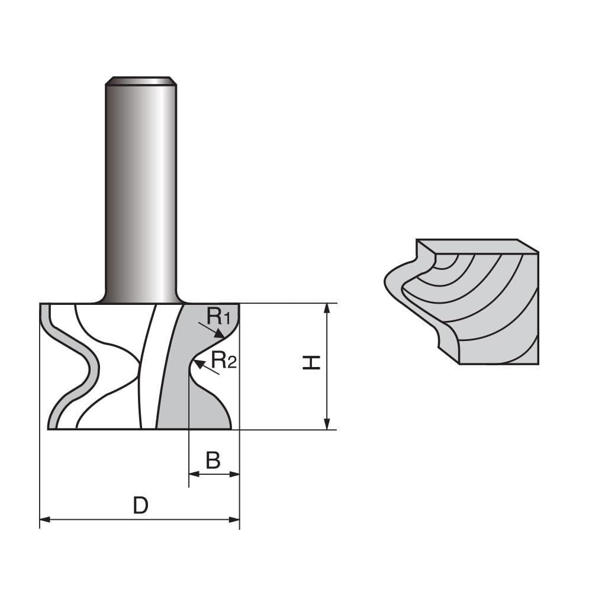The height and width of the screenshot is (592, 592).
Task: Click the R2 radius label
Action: tap(224, 359)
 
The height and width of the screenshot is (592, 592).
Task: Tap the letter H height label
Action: tap(311, 363)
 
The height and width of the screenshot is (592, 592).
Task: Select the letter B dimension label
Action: tap(213, 460)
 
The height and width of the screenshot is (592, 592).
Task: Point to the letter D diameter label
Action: tap(140, 506)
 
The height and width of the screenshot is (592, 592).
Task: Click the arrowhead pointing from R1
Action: tap(220, 334)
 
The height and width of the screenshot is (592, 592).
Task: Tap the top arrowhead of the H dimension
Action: tap(326, 308)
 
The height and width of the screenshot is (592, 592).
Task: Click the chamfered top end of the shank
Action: tap(140, 81)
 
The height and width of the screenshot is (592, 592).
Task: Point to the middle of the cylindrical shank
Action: tap(140, 189)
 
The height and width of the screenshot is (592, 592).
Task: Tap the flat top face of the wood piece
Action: tap(474, 245)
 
